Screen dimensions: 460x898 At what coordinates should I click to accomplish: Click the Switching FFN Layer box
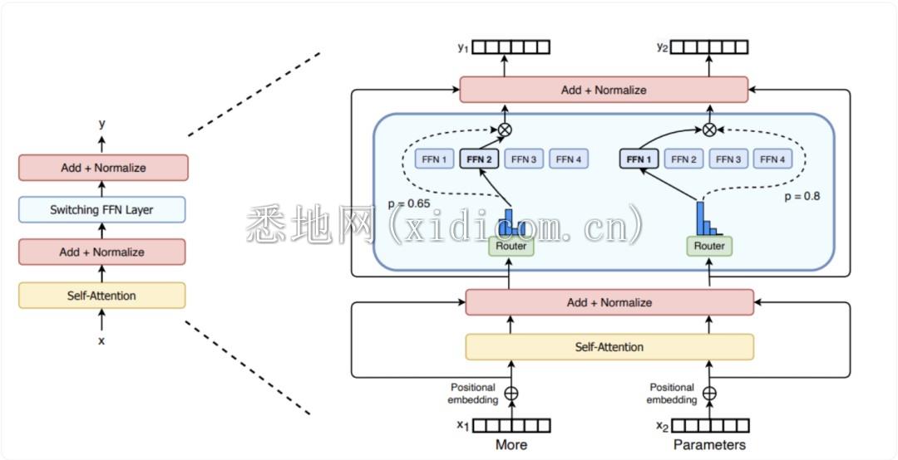point(102,210)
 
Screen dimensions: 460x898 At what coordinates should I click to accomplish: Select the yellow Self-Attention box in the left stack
point(102,296)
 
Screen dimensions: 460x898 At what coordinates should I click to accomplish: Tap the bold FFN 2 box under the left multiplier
point(479,159)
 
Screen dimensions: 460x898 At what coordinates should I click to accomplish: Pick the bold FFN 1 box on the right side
point(639,159)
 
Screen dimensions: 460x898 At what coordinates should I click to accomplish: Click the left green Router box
point(511,246)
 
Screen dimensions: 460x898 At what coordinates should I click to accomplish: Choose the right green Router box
point(709,246)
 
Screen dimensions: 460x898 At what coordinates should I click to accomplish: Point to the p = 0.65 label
point(410,203)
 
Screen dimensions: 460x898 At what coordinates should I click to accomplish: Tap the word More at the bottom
point(511,445)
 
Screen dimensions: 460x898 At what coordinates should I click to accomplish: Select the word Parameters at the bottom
point(709,445)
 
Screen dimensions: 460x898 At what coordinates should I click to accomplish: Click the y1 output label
point(463,47)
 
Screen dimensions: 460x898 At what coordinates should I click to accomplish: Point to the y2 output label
point(662,47)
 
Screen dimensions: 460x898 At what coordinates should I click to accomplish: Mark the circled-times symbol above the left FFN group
point(504,129)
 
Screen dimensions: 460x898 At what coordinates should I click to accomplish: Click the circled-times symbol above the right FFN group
point(709,129)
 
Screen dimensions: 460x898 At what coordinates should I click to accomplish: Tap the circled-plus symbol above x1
point(511,393)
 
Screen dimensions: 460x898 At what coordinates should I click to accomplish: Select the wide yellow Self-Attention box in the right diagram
point(609,347)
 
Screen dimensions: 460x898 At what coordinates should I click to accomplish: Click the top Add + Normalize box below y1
point(604,90)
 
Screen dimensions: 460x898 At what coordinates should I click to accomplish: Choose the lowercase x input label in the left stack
point(101,340)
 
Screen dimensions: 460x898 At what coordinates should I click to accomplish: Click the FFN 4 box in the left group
point(569,159)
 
